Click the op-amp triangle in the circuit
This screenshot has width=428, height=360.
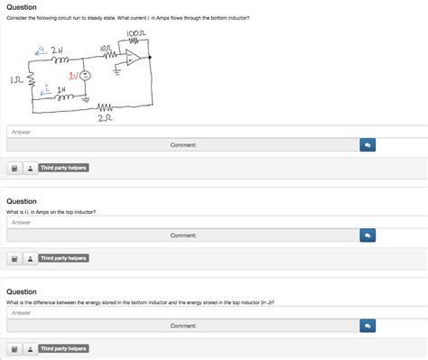click(132, 60)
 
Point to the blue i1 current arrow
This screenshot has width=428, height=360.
click(40, 51)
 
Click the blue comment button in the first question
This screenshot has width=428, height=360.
click(368, 144)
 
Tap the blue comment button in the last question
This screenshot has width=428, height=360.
click(368, 325)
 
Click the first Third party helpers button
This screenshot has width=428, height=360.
click(63, 168)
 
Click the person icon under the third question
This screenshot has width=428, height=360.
click(30, 348)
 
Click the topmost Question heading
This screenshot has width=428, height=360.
click(22, 6)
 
